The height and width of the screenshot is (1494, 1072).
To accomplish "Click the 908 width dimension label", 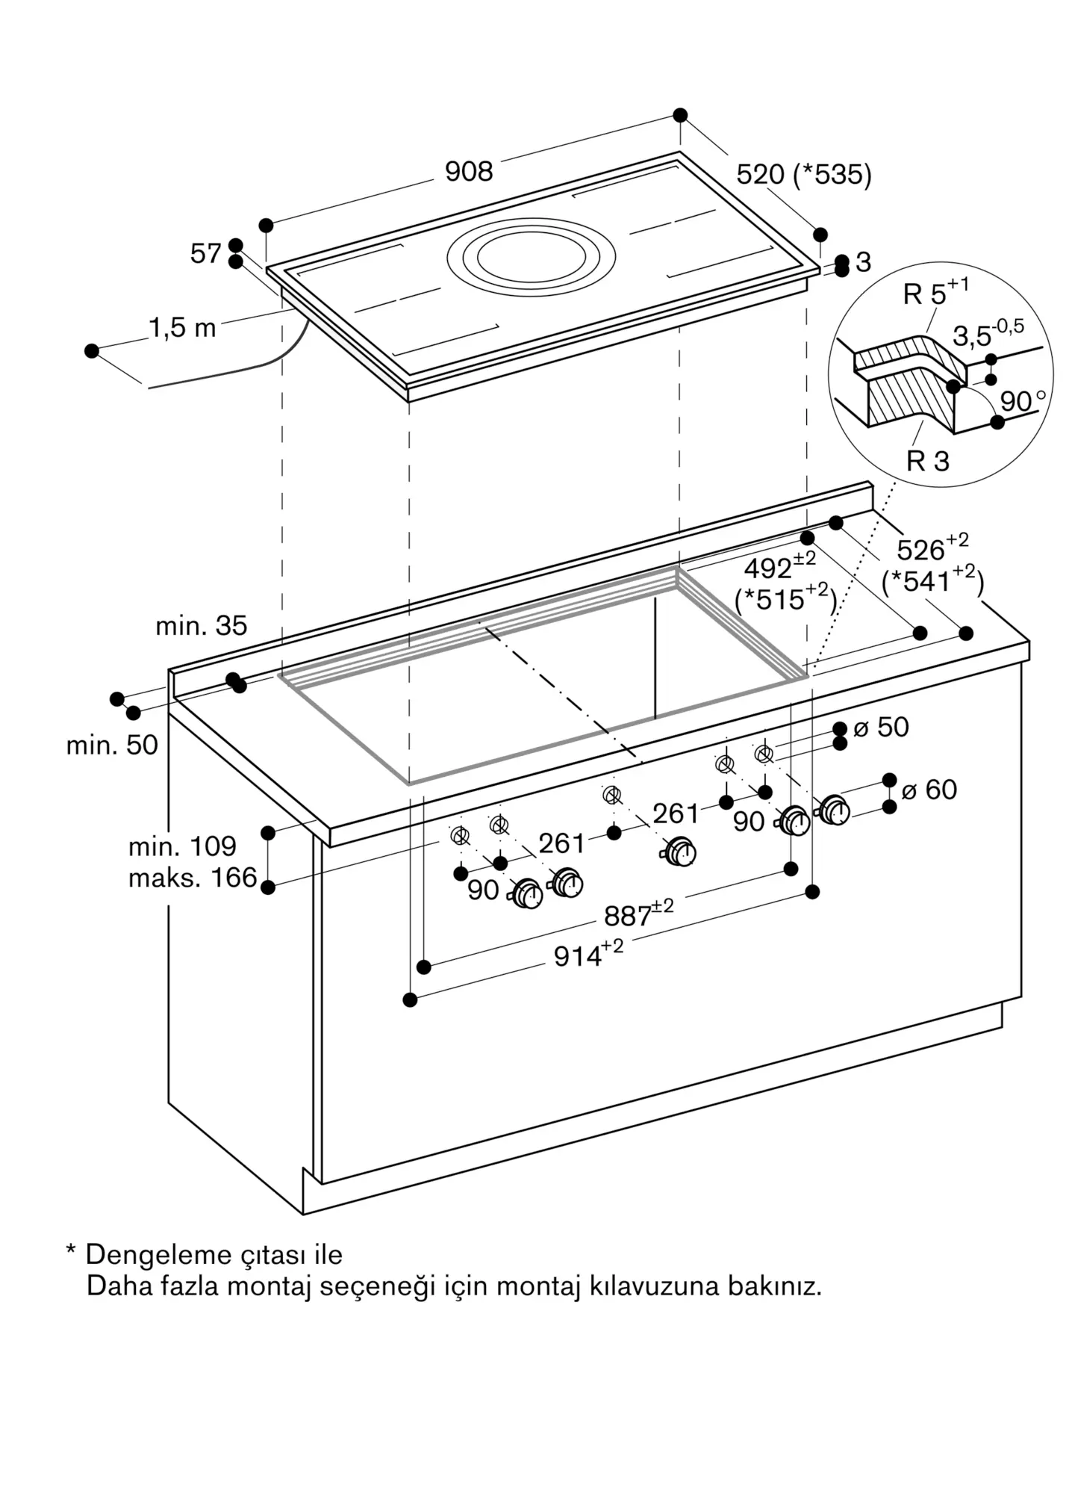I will click(469, 172).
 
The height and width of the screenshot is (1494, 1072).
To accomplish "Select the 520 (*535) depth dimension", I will click(803, 175).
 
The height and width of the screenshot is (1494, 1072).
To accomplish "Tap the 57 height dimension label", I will click(205, 254).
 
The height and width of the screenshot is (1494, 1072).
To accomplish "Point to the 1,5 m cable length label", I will click(182, 328).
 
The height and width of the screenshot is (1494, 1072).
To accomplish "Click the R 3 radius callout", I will click(927, 462).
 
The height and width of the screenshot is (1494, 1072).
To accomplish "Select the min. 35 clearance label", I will click(201, 626).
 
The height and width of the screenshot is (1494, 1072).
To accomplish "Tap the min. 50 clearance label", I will click(112, 745).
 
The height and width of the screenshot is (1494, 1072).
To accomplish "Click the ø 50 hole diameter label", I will click(881, 727).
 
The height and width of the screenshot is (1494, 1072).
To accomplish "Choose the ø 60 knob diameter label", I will click(929, 790).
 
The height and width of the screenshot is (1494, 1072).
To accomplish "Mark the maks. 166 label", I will click(193, 878).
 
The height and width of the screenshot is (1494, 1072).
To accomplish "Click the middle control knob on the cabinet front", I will click(680, 852).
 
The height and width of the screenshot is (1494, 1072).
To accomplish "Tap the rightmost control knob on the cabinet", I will click(834, 810).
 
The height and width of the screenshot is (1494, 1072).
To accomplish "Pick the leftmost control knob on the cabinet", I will click(528, 893).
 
